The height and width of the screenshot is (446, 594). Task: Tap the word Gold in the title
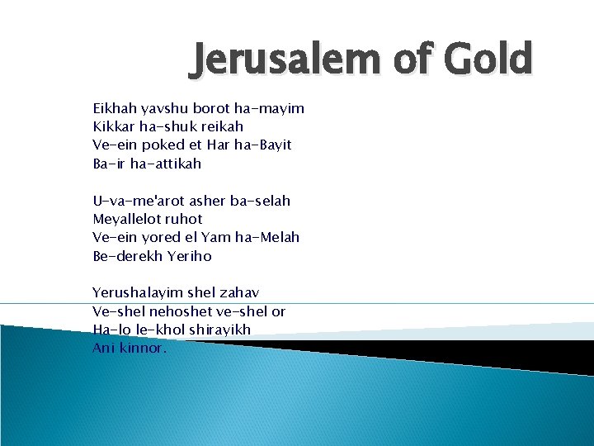point(488,59)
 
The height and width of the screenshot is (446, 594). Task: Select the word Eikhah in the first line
point(114,109)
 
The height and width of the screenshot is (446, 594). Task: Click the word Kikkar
point(114,127)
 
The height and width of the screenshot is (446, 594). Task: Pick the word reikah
point(221,127)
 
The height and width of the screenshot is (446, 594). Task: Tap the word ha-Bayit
point(262,145)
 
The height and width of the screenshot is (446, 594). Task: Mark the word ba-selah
point(260,201)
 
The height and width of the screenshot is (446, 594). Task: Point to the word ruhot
point(183,219)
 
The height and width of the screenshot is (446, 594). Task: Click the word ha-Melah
point(266,237)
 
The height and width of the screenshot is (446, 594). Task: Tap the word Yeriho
point(191,256)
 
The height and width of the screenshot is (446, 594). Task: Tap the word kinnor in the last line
point(142,348)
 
